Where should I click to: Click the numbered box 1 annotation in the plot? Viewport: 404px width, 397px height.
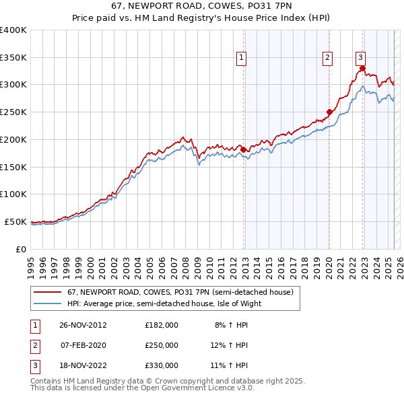click(x=241, y=59)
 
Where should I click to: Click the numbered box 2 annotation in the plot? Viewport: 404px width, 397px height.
click(x=327, y=59)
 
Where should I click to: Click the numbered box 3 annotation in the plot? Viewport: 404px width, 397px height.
click(x=361, y=59)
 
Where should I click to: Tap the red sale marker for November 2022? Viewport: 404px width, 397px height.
click(x=362, y=68)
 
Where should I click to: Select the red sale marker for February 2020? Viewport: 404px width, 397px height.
click(x=329, y=112)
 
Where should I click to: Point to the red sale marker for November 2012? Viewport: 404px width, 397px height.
click(x=244, y=149)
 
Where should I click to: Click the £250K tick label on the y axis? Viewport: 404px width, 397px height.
click(x=14, y=112)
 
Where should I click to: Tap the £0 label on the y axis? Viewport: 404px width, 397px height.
click(x=22, y=249)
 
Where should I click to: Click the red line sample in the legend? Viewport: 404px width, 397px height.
click(x=47, y=293)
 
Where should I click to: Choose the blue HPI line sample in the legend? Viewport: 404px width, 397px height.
click(x=47, y=303)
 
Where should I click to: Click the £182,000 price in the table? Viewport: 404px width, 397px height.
click(x=161, y=325)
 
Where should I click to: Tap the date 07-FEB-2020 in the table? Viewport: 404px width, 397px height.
click(x=83, y=345)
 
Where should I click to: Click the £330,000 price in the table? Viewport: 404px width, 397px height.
click(x=161, y=365)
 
